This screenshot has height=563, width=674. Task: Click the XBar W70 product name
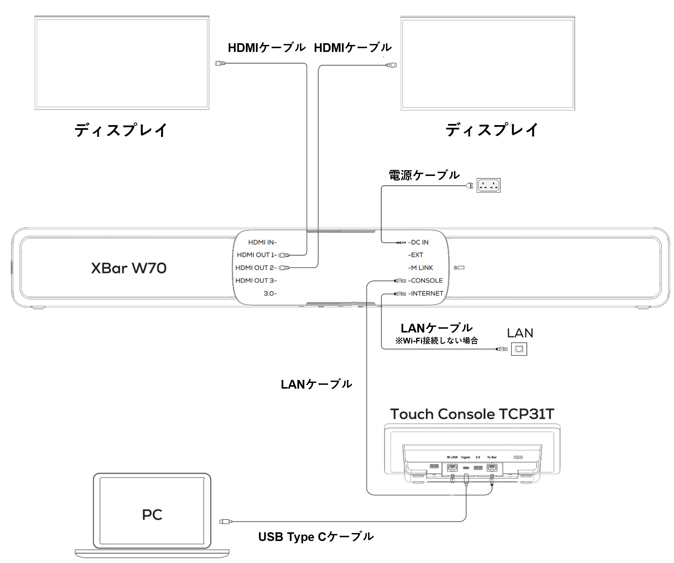click(128, 268)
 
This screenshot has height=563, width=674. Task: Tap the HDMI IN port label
click(262, 242)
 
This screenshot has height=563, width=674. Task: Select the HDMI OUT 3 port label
click(256, 281)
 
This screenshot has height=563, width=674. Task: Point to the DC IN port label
click(419, 242)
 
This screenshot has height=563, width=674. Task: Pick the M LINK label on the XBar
click(422, 268)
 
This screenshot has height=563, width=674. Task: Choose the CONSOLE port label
click(426, 281)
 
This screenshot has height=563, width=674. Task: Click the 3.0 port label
click(270, 293)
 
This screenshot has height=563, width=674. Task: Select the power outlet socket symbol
click(488, 185)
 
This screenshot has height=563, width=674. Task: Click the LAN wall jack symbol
click(519, 349)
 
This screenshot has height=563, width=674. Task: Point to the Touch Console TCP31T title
click(472, 414)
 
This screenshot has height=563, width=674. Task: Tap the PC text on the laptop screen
click(152, 514)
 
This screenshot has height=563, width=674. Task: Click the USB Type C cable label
click(316, 537)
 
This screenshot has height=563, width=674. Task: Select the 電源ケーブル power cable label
click(424, 175)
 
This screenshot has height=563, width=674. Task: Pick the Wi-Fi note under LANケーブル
click(436, 340)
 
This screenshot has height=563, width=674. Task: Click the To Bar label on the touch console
click(491, 457)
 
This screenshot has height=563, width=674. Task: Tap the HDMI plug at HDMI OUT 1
click(284, 255)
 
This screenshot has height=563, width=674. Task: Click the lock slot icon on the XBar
click(459, 268)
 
